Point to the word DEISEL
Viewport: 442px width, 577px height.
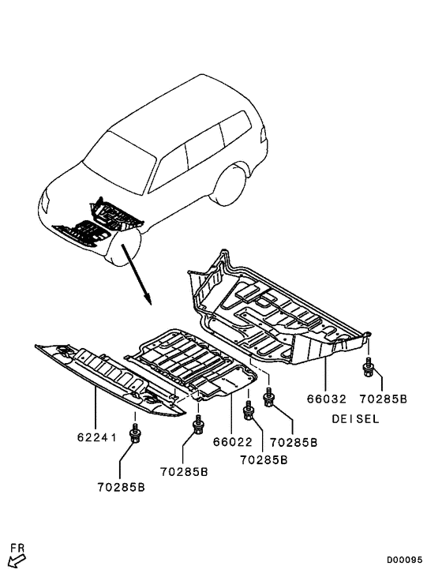click(x=356, y=419)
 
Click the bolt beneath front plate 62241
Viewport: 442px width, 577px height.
click(x=135, y=432)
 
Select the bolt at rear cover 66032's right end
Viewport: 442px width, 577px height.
click(x=368, y=367)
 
